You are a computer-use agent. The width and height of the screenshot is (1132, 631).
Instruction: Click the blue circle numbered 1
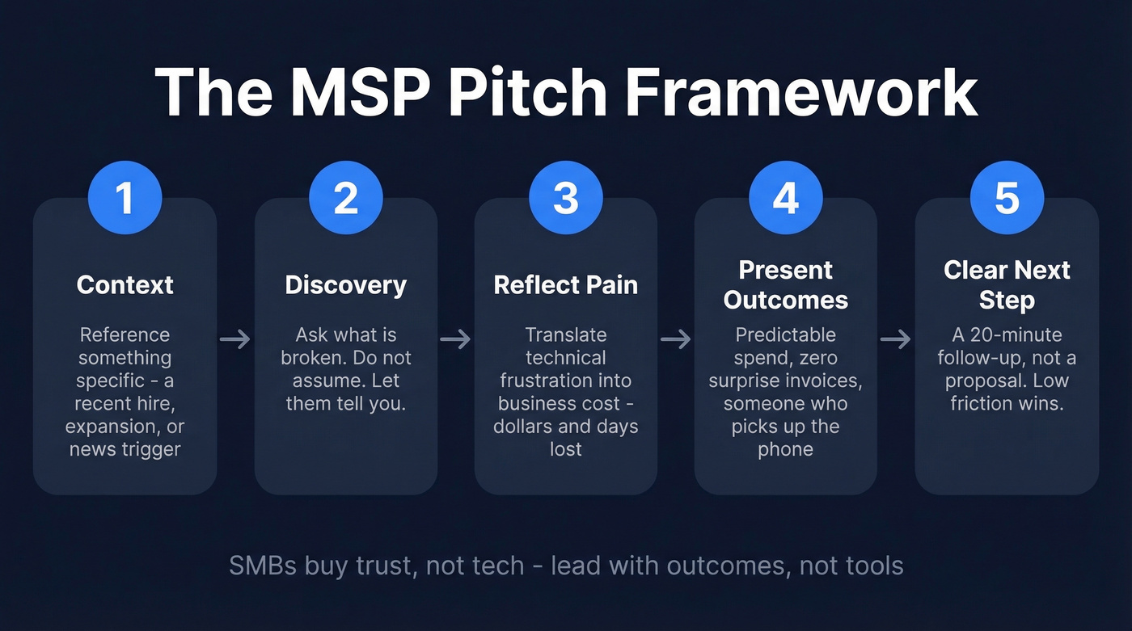[125, 199]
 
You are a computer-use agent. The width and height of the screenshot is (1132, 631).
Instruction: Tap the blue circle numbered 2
[345, 199]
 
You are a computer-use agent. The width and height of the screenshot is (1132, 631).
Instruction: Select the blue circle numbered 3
[565, 199]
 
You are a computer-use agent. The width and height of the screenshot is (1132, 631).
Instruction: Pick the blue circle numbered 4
[785, 199]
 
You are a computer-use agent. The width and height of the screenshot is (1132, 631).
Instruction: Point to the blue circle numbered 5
[1007, 199]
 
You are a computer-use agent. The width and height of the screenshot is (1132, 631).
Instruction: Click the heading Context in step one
[125, 285]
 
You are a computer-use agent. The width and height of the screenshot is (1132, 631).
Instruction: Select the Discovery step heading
[345, 285]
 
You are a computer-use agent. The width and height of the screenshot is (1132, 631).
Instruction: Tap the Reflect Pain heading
[565, 285]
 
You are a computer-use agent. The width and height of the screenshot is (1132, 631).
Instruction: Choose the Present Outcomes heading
[785, 284]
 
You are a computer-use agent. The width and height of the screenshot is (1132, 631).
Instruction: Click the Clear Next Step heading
[1007, 284]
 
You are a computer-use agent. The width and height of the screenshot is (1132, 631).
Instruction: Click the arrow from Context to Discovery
[235, 339]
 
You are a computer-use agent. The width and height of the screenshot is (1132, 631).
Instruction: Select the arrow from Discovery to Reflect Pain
[455, 339]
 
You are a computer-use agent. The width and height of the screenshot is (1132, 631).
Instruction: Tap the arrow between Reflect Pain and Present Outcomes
[675, 339]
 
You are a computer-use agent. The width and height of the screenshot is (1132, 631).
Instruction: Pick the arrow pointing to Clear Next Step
[896, 339]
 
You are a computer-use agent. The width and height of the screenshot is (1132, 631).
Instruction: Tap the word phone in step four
[785, 449]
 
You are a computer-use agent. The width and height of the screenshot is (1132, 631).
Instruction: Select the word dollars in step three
[528, 426]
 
